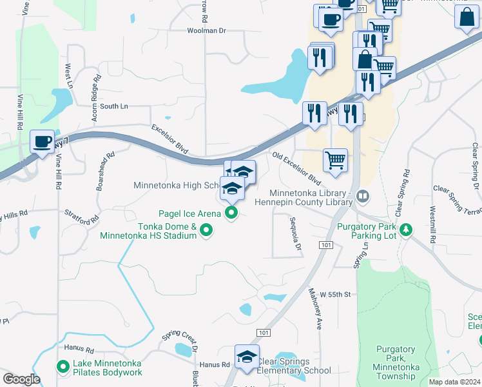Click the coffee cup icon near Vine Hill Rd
(43, 142)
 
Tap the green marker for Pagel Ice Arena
(232, 213)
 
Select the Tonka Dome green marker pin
(206, 230)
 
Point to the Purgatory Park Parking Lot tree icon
(406, 230)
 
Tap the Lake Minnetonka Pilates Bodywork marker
(63, 367)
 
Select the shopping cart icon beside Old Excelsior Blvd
(335, 159)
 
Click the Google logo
(21, 379)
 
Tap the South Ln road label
(114, 106)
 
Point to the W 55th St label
(334, 294)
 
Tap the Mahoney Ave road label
(316, 310)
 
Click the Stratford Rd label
(81, 215)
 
